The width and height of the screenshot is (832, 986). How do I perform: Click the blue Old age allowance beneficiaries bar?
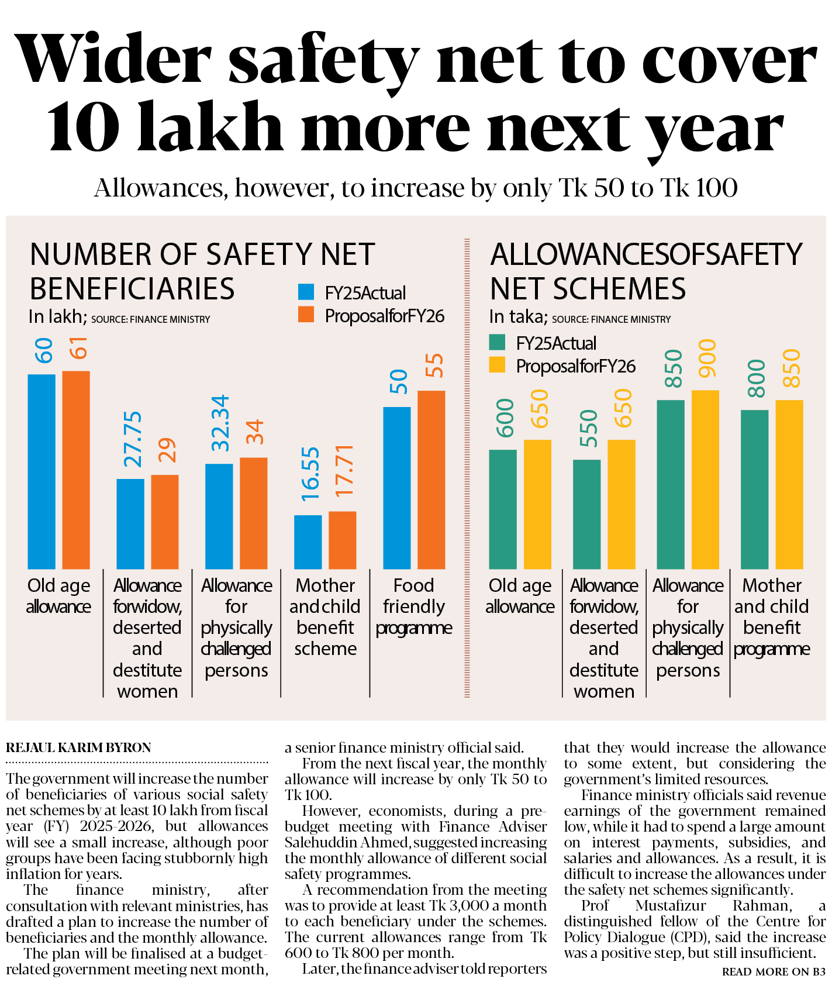(x=42, y=471)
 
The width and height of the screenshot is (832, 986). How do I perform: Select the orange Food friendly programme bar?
(x=431, y=480)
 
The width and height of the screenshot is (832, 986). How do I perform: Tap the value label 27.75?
(x=133, y=439)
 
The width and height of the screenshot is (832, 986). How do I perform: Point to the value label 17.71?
(x=345, y=471)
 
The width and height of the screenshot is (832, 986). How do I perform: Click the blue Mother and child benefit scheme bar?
(x=308, y=542)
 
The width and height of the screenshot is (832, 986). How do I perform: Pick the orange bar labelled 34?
(x=254, y=513)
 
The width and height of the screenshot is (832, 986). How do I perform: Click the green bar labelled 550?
(x=586, y=514)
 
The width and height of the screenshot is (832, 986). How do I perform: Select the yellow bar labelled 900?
(x=705, y=480)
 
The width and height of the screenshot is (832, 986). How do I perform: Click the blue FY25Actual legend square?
(x=306, y=292)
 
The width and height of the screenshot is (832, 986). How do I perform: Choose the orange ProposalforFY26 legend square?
(x=306, y=315)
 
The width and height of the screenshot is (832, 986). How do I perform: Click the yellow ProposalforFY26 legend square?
(x=497, y=366)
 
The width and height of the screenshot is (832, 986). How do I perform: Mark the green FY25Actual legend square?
(x=497, y=343)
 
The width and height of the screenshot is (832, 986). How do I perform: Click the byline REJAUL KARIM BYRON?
(x=78, y=747)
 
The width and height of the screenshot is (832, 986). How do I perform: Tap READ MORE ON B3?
(x=774, y=971)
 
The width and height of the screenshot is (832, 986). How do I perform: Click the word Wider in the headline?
(x=114, y=60)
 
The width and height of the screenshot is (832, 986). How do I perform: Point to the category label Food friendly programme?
(x=413, y=606)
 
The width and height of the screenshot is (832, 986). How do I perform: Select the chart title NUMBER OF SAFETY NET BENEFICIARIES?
(x=202, y=271)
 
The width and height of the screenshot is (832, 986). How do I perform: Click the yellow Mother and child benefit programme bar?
(x=789, y=484)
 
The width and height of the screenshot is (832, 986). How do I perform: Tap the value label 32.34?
(x=221, y=423)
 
